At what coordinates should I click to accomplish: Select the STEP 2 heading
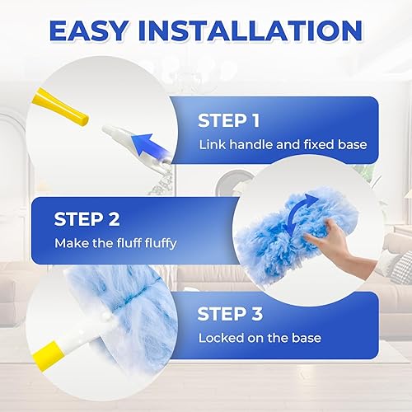[87, 219]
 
